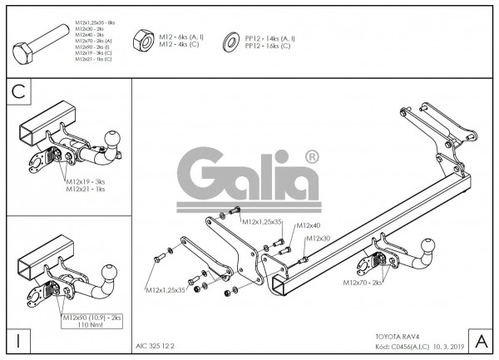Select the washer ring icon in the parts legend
[x=229, y=42]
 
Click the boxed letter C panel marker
[x=18, y=94]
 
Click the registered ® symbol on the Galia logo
[x=311, y=156]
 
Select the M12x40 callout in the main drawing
[x=309, y=225]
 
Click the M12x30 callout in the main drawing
[x=319, y=239]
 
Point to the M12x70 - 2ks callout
[x=363, y=283]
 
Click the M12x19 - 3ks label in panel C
[x=86, y=181]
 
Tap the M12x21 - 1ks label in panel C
[x=86, y=189]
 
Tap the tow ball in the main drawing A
[x=427, y=248]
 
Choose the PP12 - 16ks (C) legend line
[x=268, y=46]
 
